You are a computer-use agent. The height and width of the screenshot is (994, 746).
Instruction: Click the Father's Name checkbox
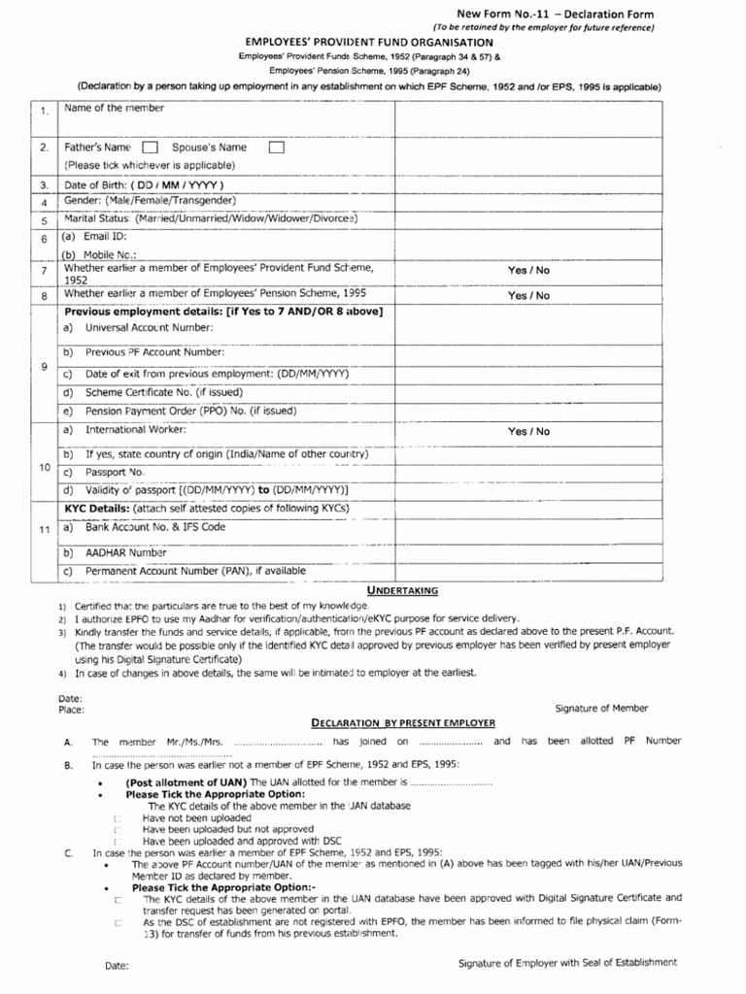(x=150, y=149)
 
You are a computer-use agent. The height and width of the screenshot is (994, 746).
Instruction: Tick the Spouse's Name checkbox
(x=276, y=149)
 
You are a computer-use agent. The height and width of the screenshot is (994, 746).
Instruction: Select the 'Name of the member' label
(x=114, y=108)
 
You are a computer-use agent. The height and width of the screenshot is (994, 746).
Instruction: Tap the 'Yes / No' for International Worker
(x=527, y=431)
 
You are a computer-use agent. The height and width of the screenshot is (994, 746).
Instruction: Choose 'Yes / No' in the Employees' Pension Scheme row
(x=527, y=296)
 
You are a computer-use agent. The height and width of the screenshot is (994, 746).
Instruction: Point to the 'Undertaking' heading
(x=402, y=590)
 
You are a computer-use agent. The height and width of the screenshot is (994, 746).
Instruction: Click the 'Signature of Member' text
(x=601, y=709)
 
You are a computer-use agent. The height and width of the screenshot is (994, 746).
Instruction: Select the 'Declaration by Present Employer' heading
(x=402, y=723)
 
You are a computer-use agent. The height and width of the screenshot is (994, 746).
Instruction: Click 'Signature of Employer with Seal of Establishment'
(x=567, y=963)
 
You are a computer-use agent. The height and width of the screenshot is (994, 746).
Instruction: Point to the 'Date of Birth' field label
(x=144, y=184)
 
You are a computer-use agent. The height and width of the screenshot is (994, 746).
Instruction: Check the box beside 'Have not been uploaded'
(x=117, y=818)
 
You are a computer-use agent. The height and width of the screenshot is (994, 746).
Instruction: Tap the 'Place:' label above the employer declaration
(x=71, y=710)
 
